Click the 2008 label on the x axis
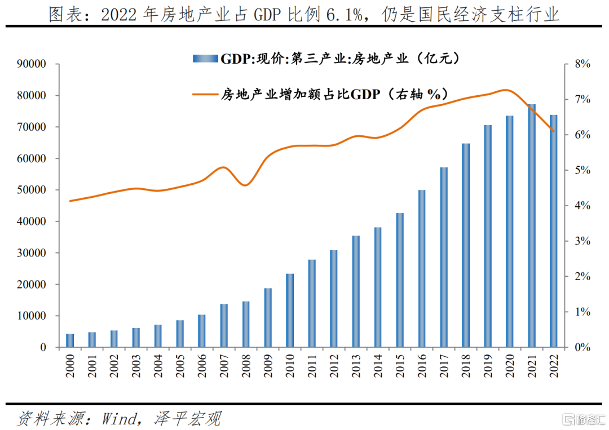click(x=246, y=365)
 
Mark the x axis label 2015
click(x=400, y=365)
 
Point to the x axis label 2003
click(x=136, y=365)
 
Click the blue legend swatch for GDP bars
click(x=205, y=58)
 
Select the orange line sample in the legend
click(x=205, y=93)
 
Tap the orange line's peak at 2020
click(x=506, y=90)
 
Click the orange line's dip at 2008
click(x=246, y=185)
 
